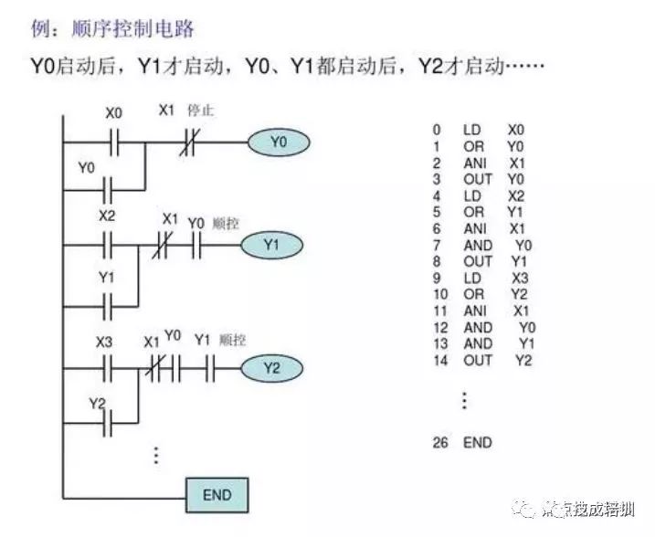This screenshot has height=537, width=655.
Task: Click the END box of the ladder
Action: point(217,496)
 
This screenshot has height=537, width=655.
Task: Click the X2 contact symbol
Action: point(107,245)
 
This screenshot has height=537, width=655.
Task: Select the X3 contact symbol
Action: point(107,368)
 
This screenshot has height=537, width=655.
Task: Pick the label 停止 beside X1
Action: point(200,111)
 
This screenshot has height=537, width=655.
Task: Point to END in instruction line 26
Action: point(477,443)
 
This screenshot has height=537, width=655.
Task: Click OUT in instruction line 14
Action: point(477,360)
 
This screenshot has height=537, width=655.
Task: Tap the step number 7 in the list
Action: point(438,245)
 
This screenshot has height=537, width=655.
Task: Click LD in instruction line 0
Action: point(472,131)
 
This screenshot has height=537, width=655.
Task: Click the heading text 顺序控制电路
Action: point(132,29)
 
